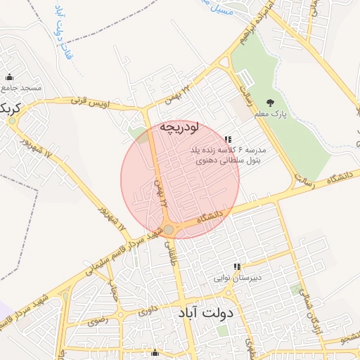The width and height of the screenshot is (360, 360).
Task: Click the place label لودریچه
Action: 179,127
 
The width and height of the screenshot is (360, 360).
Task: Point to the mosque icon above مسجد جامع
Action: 9,77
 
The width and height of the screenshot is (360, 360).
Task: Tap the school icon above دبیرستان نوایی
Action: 237,267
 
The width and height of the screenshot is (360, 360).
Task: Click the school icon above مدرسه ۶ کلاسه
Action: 227,140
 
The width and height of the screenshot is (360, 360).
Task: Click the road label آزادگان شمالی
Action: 310,310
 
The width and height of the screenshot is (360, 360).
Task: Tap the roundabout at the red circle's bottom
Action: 169,229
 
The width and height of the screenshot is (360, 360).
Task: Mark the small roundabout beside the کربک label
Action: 12,120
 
